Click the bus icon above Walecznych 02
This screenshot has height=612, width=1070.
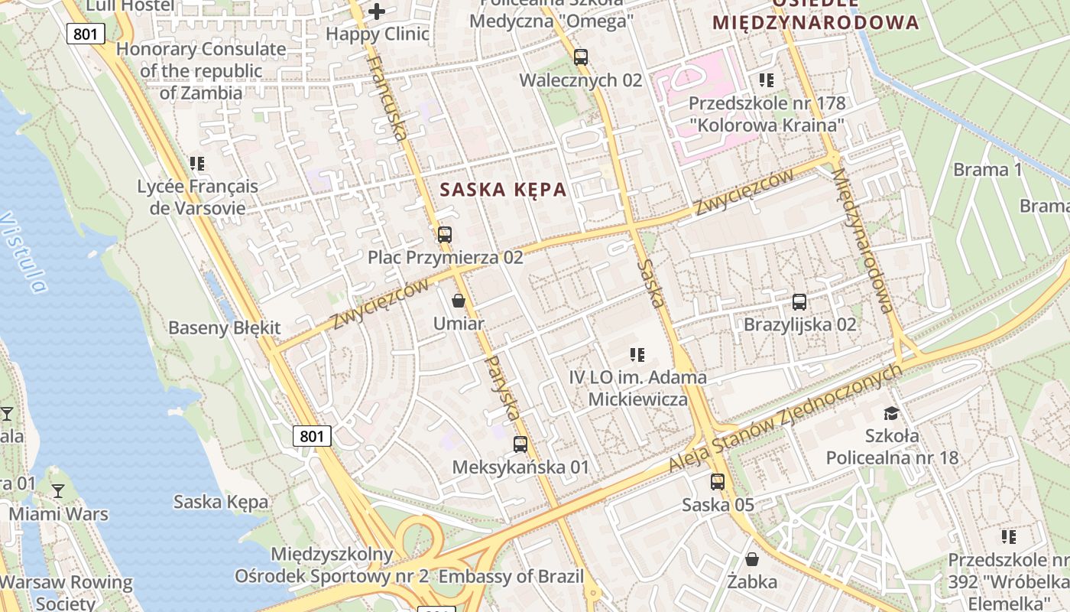tap(581, 57)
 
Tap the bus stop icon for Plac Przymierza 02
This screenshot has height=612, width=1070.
tap(445, 235)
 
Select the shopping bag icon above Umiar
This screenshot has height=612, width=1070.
tap(459, 301)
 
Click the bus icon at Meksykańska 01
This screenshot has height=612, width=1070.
tap(520, 444)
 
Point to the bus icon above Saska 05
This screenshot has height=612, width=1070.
tap(718, 481)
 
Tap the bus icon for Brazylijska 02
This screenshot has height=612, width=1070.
tap(799, 301)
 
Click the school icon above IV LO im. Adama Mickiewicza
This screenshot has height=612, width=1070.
tap(637, 354)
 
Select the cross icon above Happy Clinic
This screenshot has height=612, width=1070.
tap(377, 11)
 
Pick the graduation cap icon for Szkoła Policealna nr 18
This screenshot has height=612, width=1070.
tap(891, 413)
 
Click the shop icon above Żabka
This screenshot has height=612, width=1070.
tap(752, 558)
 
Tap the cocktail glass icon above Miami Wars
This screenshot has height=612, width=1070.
tap(58, 490)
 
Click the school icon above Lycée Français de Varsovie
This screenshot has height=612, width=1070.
tap(197, 164)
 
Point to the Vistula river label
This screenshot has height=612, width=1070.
tap(23, 252)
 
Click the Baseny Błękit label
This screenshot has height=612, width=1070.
tap(225, 328)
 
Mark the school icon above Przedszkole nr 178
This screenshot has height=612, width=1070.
tap(767, 80)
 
